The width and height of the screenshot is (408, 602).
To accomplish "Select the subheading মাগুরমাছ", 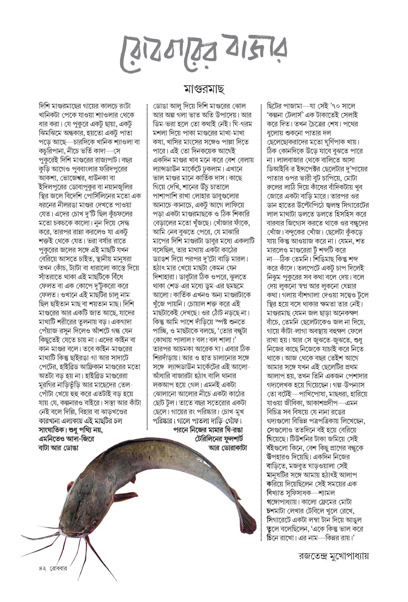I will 204,89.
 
